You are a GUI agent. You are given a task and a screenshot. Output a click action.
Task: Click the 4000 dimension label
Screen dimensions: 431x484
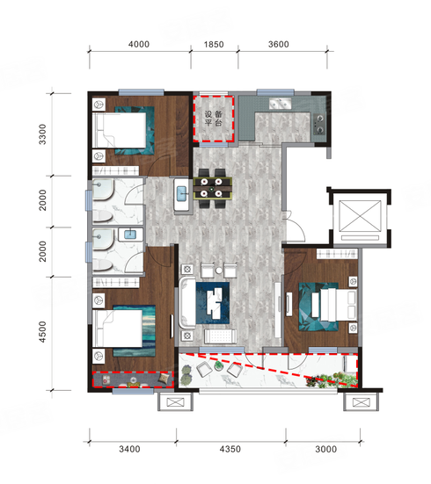tap(139, 45)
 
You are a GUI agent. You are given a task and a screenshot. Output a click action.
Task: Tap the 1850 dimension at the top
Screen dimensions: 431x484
tap(214, 45)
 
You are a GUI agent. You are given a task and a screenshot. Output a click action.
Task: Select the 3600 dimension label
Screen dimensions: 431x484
tap(279, 45)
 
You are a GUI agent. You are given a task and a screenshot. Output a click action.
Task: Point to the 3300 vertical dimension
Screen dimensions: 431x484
tap(42, 134)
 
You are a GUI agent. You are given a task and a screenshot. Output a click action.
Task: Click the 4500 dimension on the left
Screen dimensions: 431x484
tap(42, 332)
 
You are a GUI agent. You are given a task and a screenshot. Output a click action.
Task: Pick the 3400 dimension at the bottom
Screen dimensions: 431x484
tap(129, 449)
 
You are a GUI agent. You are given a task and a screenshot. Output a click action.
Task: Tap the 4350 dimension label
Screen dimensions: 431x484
tap(230, 449)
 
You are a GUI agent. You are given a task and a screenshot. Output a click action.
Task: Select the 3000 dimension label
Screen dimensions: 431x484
tap(325, 449)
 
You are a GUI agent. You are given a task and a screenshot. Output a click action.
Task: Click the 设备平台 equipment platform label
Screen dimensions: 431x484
tap(214, 119)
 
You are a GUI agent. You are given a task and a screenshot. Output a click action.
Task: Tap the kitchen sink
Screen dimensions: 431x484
tap(280, 104)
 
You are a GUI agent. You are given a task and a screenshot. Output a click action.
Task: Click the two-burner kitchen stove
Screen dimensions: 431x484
tap(319, 125)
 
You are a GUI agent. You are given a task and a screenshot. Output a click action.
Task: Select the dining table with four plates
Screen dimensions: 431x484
tap(212, 188)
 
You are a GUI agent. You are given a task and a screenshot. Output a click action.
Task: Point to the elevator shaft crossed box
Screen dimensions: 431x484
tap(361, 216)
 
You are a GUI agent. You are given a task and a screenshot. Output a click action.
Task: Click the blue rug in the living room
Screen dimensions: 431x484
tap(213, 303)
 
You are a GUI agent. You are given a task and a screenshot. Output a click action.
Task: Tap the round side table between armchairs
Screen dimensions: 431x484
tap(219, 271)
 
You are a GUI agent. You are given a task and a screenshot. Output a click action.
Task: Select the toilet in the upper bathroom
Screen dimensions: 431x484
tap(102, 216)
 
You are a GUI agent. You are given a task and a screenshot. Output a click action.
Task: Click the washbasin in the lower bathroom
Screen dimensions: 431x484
tap(130, 235)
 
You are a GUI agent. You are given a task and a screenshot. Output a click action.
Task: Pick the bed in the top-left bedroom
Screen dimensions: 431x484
tap(119, 130)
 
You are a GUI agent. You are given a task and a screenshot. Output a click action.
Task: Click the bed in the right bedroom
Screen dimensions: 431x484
tap(339, 305)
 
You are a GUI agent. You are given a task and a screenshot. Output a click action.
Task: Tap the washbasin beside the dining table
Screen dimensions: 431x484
tap(181, 194)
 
